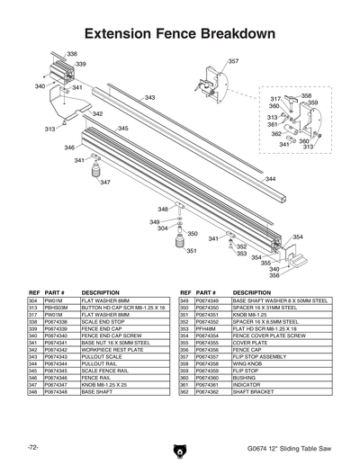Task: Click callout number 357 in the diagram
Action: (233, 61)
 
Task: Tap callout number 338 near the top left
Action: (72, 55)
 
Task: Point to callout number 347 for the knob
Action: (105, 183)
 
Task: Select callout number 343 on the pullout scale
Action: (149, 97)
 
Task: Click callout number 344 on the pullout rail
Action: (270, 179)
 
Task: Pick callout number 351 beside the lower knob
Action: (191, 251)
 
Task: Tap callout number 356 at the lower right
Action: (274, 275)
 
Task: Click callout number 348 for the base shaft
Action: (163, 209)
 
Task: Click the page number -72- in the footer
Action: (32, 447)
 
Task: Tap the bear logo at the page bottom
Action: (180, 447)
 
